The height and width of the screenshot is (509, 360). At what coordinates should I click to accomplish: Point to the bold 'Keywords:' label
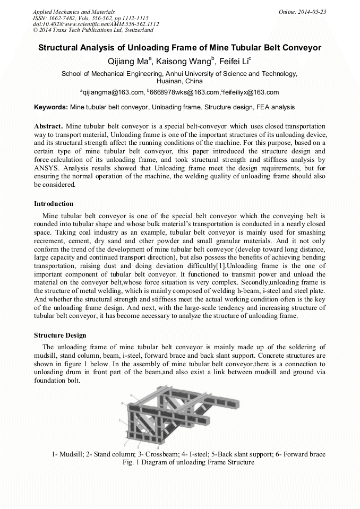51,107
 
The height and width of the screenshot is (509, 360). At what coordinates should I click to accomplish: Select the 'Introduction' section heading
54,204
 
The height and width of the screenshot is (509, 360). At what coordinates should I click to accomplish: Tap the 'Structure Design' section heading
60,335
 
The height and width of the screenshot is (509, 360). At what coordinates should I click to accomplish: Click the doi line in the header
96,24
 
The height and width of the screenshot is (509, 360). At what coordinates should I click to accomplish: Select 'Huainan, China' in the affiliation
179,81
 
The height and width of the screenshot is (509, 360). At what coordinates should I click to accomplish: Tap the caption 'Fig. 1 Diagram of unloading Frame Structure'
188,462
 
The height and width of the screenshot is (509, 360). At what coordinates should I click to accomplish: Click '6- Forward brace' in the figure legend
301,454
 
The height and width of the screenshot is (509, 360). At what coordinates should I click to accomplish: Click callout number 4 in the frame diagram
130,396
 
